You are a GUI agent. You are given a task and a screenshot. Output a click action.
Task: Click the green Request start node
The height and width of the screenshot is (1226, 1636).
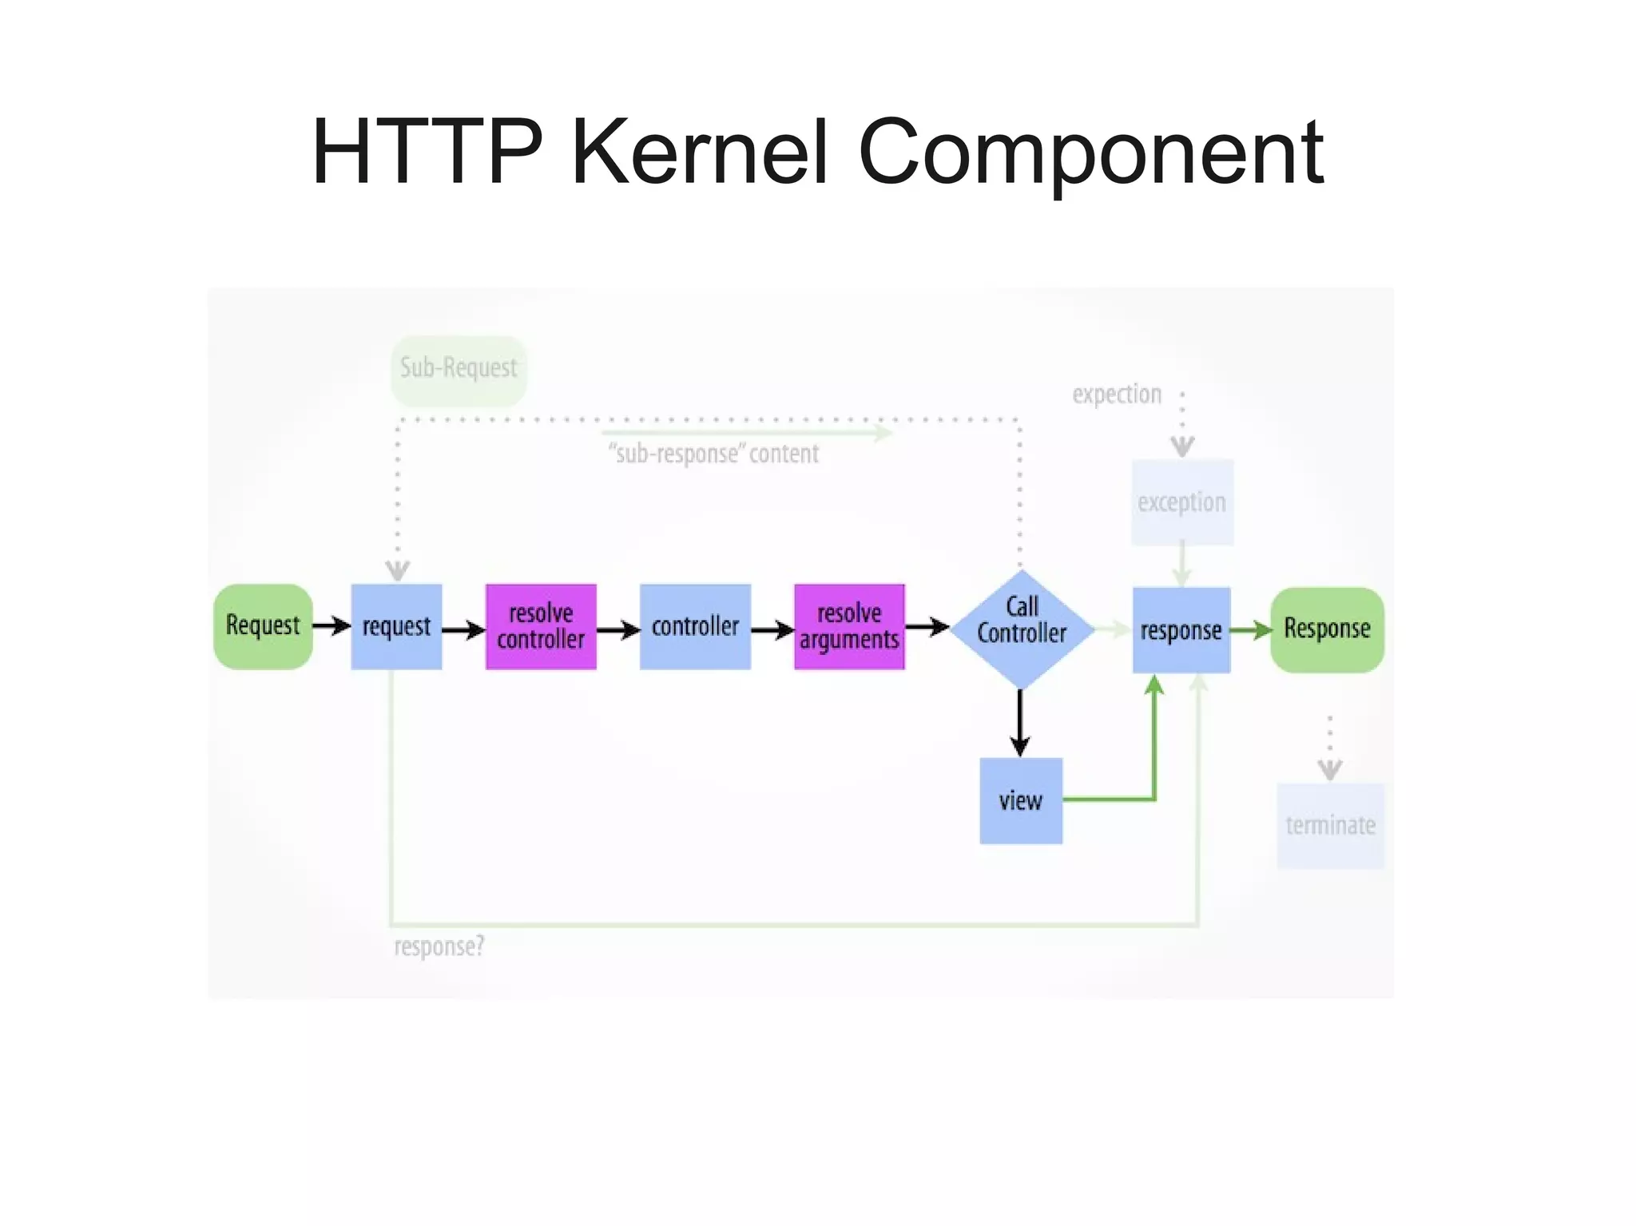pyautogui.click(x=263, y=626)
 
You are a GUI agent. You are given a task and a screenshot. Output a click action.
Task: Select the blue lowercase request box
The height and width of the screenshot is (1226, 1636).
pyautogui.click(x=396, y=626)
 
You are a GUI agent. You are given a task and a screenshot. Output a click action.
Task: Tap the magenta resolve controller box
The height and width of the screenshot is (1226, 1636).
pyautogui.click(x=541, y=626)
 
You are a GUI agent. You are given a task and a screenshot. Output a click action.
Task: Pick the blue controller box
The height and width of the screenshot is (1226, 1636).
pyautogui.click(x=695, y=626)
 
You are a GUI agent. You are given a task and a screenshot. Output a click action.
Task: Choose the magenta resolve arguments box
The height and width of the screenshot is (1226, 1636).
pyautogui.click(x=849, y=626)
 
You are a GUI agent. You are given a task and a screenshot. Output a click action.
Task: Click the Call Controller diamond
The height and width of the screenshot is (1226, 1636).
pyautogui.click(x=1021, y=629)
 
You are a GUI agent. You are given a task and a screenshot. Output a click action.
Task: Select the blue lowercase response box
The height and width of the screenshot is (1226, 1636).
pyautogui.click(x=1181, y=630)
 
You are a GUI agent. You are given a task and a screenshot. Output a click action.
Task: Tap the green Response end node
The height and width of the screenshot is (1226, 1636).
pyautogui.click(x=1327, y=629)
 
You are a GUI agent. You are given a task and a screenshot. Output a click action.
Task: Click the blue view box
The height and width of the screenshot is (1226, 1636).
pyautogui.click(x=1021, y=800)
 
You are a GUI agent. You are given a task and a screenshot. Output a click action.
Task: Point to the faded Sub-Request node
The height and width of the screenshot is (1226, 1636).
pyautogui.click(x=459, y=369)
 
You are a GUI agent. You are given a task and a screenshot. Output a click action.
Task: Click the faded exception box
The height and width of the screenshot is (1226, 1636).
pyautogui.click(x=1181, y=502)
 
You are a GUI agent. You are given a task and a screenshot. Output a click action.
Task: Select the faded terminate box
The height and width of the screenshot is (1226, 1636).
pyautogui.click(x=1330, y=825)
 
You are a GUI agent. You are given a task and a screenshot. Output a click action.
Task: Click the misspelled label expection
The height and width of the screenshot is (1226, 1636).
pyautogui.click(x=1116, y=394)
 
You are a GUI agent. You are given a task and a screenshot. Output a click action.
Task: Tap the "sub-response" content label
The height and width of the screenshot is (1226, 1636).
pyautogui.click(x=713, y=454)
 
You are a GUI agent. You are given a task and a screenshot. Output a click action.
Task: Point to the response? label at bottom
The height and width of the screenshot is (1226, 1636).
pyautogui.click(x=439, y=946)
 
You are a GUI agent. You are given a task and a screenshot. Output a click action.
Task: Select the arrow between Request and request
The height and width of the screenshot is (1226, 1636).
pyautogui.click(x=331, y=625)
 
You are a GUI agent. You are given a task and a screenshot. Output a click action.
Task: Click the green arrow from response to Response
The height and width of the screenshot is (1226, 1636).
pyautogui.click(x=1249, y=630)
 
